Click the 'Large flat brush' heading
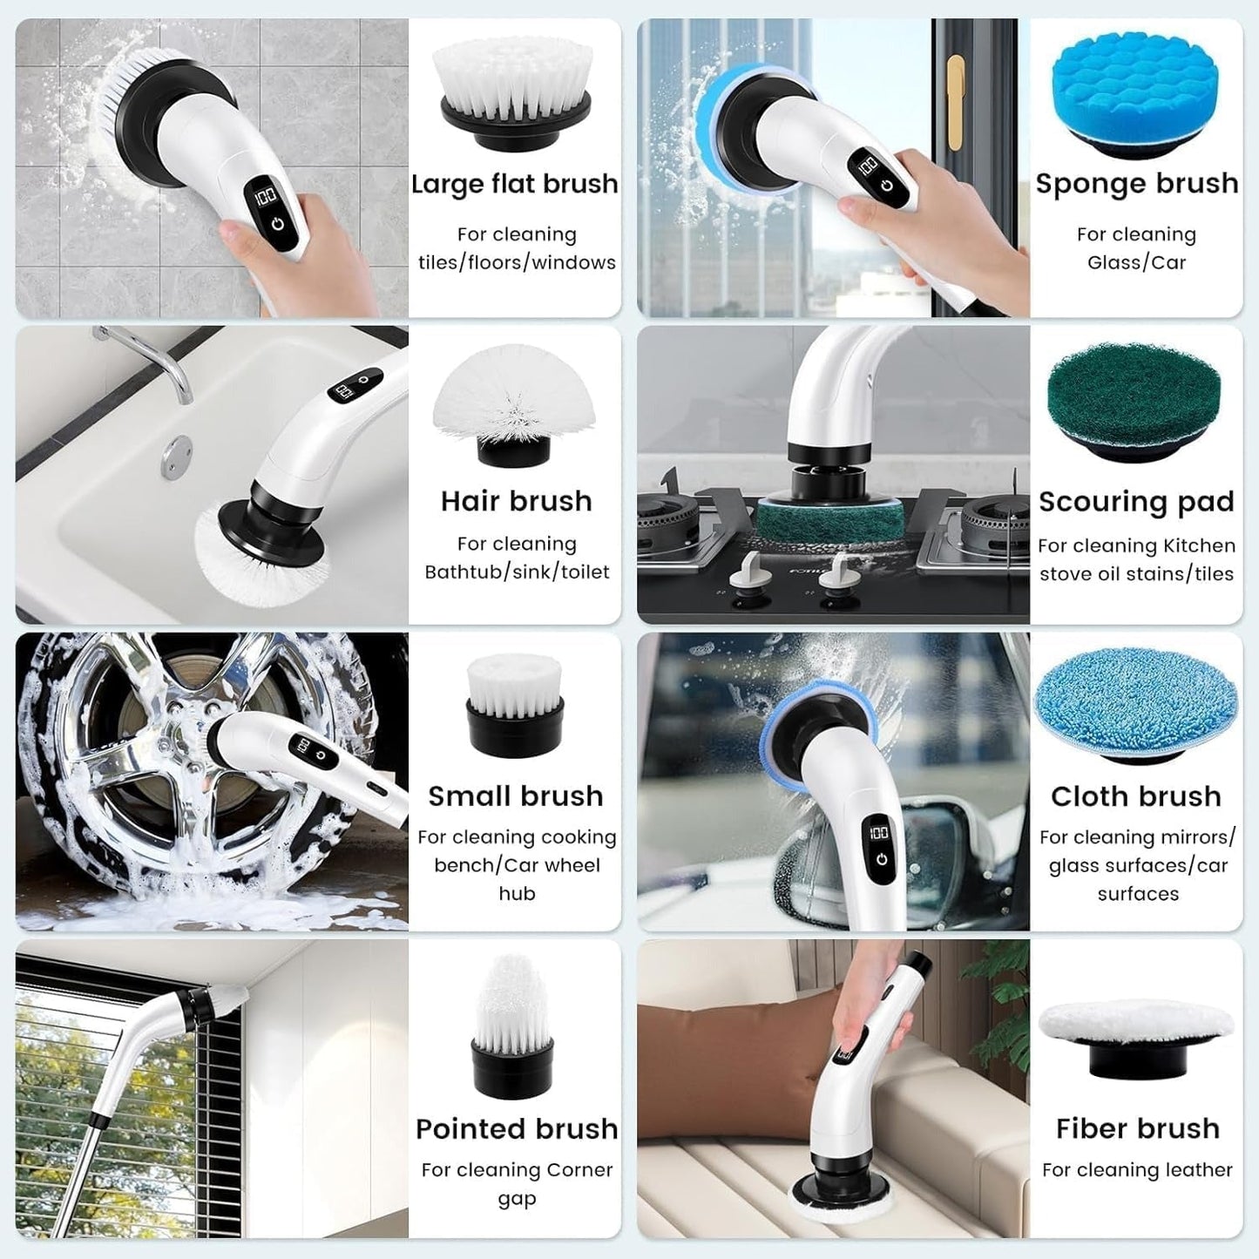[514, 184]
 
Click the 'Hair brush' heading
[516, 501]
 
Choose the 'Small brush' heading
[515, 795]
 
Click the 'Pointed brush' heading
[517, 1128]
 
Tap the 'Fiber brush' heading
[1137, 1128]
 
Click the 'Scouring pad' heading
[1136, 502]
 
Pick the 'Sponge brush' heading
[1136, 183]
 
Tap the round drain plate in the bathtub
[180, 446]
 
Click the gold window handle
[956, 96]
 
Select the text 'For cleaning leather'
[1136, 1170]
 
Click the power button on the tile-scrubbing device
[277, 223]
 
